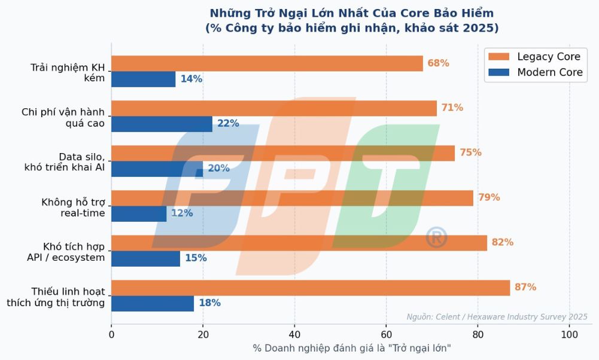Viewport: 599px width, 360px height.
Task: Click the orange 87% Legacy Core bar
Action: point(311,288)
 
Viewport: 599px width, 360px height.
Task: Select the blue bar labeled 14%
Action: point(143,79)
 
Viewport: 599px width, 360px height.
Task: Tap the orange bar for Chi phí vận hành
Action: point(274,108)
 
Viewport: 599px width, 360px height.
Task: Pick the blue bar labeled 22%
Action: point(162,124)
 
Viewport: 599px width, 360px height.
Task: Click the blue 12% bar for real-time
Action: point(139,213)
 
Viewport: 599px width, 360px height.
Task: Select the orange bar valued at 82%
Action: point(299,243)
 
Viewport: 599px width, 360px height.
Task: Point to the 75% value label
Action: point(470,152)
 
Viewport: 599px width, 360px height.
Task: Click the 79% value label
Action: point(489,197)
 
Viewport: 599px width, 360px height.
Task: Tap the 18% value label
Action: point(209,303)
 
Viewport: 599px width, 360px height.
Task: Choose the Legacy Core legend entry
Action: point(534,57)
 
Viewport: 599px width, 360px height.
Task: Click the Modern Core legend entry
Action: point(534,72)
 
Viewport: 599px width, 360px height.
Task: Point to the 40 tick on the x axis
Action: point(294,334)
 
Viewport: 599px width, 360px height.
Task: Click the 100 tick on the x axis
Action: point(569,334)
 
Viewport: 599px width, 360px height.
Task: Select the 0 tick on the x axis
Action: point(111,334)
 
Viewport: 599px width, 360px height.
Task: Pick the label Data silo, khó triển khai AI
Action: point(65,162)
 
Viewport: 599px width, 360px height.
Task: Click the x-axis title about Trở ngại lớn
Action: point(352,349)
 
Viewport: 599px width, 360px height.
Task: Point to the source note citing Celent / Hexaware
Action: point(497,317)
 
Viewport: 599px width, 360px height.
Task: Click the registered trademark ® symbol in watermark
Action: point(436,237)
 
